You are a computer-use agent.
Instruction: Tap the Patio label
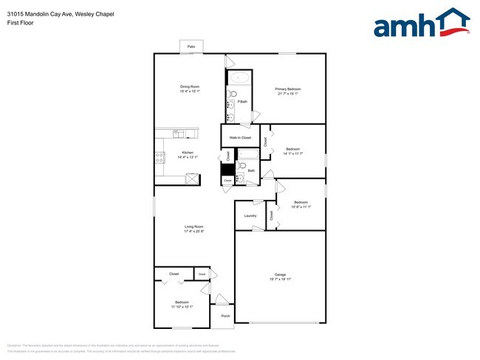(191, 46)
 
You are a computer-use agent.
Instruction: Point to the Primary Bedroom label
(289, 89)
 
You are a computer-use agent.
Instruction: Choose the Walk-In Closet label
(240, 138)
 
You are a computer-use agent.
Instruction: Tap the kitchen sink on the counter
(177, 134)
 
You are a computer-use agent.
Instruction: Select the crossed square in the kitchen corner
(192, 178)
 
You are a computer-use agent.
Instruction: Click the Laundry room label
(250, 215)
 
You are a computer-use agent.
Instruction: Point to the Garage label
(280, 274)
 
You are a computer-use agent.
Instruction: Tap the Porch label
(225, 316)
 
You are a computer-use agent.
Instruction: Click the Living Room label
(193, 226)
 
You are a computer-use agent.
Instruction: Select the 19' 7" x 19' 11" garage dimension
(280, 279)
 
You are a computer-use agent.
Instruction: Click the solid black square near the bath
(228, 168)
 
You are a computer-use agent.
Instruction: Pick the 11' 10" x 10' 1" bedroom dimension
(182, 306)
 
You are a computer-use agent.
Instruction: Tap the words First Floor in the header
(20, 23)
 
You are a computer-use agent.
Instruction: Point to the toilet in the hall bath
(242, 166)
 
